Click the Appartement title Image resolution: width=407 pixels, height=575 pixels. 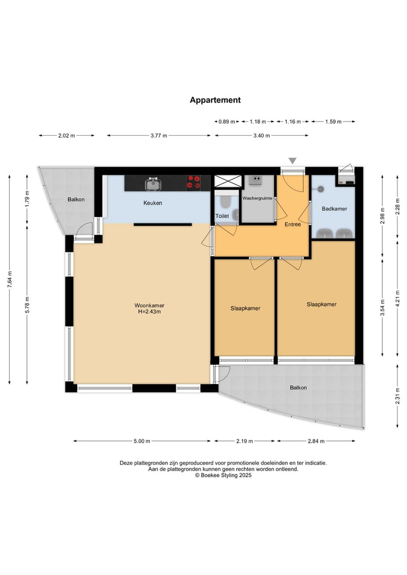pyautogui.click(x=215, y=100)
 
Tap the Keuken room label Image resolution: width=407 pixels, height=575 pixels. pyautogui.click(x=153, y=203)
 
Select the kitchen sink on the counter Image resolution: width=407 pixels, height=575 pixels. pyautogui.click(x=153, y=184)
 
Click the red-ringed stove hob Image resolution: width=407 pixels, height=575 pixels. pyautogui.click(x=193, y=182)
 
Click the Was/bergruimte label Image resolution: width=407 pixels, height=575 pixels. pyautogui.click(x=257, y=198)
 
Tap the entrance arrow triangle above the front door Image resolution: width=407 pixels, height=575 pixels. pyautogui.click(x=292, y=161)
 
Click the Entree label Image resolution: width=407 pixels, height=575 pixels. pyautogui.click(x=293, y=224)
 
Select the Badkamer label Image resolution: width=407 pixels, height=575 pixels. pyautogui.click(x=335, y=209)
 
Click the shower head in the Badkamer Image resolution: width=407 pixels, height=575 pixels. pyautogui.click(x=321, y=189)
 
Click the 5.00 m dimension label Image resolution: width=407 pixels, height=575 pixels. pyautogui.click(x=142, y=441)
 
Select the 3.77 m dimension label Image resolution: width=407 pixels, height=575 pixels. pyautogui.click(x=159, y=136)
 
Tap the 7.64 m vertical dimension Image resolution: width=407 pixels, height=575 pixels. pyautogui.click(x=10, y=279)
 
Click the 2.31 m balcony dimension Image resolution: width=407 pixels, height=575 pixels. pyautogui.click(x=397, y=396)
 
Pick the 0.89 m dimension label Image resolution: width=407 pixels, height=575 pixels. pyautogui.click(x=227, y=122)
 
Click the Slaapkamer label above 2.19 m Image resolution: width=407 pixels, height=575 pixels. pyautogui.click(x=245, y=308)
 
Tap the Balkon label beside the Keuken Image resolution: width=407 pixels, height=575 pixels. pyautogui.click(x=76, y=200)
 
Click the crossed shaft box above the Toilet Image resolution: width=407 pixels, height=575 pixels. pyautogui.click(x=228, y=181)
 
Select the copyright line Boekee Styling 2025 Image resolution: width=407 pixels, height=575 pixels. pyautogui.click(x=223, y=475)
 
